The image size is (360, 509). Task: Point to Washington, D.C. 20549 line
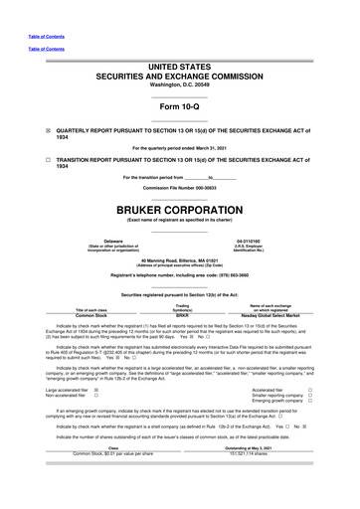[180, 84]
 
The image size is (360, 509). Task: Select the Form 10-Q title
[180, 106]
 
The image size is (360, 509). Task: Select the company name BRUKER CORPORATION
[180, 211]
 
